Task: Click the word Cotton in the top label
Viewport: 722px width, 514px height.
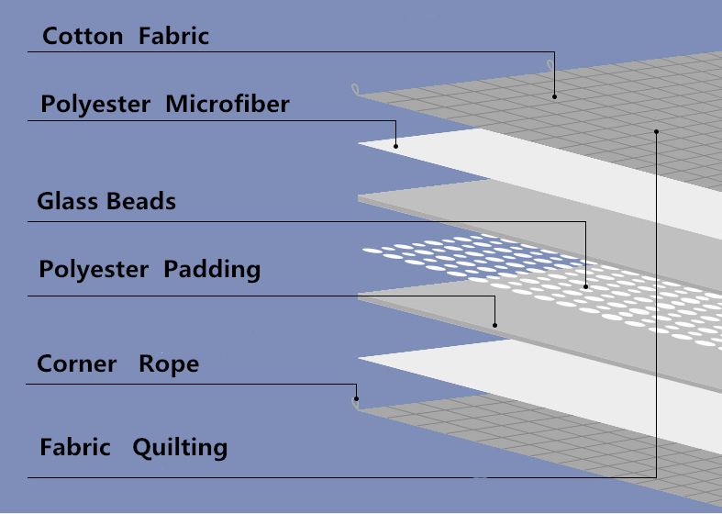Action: click(83, 36)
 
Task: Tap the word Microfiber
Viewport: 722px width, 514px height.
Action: click(228, 104)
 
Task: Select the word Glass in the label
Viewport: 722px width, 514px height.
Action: click(67, 201)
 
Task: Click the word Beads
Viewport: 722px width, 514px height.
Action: click(141, 201)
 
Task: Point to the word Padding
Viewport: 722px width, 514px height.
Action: click(212, 270)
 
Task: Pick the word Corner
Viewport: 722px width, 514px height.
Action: click(76, 363)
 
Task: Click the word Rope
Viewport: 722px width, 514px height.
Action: click(169, 364)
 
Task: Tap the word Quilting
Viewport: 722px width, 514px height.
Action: click(180, 448)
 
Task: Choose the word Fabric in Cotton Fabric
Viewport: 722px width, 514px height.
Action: click(173, 36)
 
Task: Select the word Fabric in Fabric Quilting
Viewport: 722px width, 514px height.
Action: click(75, 447)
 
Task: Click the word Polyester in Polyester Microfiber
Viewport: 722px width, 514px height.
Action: click(95, 105)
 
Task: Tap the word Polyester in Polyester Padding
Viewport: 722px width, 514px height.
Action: click(94, 270)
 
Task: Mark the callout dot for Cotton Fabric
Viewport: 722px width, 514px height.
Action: click(554, 96)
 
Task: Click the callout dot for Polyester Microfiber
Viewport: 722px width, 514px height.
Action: click(395, 147)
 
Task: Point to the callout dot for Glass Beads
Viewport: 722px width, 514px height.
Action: click(585, 286)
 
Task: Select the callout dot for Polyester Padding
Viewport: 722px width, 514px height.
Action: click(495, 325)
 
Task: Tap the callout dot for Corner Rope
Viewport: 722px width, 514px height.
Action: click(356, 399)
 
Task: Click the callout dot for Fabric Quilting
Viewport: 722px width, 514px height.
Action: click(656, 132)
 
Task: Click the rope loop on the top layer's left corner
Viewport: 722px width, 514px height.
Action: click(355, 89)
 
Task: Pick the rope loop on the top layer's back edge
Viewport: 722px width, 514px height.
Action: click(550, 65)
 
